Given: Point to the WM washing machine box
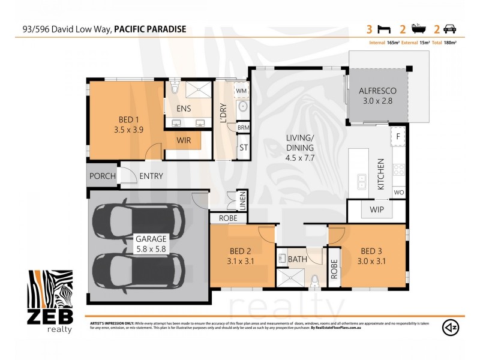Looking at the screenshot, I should (x=241, y=91).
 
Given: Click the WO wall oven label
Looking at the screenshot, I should (x=398, y=193).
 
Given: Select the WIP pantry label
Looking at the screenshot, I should (x=377, y=210).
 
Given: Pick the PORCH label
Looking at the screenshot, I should (x=102, y=176).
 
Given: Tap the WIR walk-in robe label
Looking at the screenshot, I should (x=183, y=140).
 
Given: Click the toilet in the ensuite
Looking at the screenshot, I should (x=175, y=88).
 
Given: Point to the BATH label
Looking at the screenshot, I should (x=298, y=259).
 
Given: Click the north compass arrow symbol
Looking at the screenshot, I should (x=451, y=327).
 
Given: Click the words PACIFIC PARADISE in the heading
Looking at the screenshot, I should (x=150, y=29).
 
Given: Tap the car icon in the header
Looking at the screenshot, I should (x=449, y=29).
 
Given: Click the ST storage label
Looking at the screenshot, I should (x=244, y=147).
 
